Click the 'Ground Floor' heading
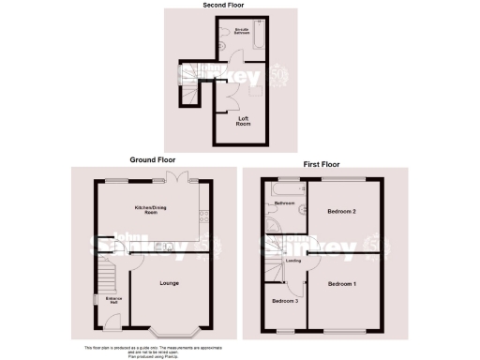(146, 160)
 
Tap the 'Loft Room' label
(243, 121)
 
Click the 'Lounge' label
(170, 282)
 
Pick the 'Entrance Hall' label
(112, 300)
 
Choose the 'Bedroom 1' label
(342, 282)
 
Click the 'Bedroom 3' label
(285, 301)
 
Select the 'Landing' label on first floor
(292, 261)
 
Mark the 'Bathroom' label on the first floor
(285, 203)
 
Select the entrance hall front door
(112, 323)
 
